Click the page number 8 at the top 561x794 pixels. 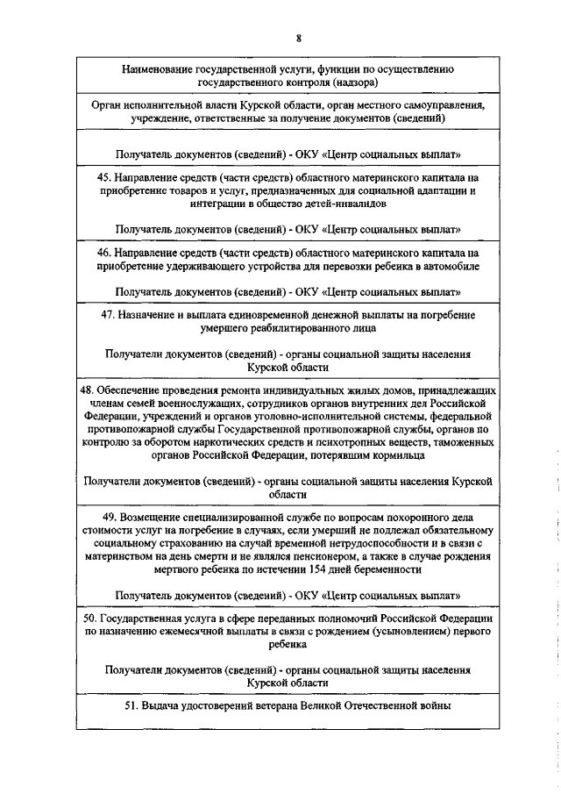299,39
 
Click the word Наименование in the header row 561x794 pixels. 158,68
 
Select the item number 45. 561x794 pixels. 104,175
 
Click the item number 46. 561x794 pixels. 104,252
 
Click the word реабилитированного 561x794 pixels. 288,327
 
